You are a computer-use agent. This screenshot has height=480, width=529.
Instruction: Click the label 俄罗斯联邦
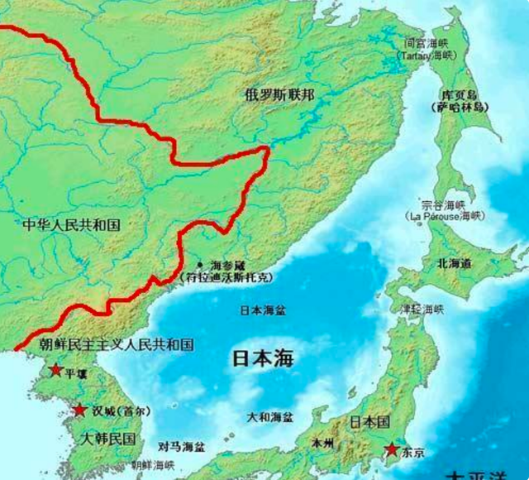[x=279, y=94]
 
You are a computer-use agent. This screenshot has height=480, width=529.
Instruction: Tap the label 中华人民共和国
[x=72, y=224]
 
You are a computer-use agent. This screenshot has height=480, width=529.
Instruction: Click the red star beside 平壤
[x=55, y=370]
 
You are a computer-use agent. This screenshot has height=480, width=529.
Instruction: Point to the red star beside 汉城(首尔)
[x=79, y=410]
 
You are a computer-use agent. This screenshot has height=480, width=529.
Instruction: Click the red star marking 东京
[x=390, y=450]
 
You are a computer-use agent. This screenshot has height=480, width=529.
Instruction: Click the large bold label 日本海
[x=262, y=359]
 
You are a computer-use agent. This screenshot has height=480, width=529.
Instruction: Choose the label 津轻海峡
[x=422, y=309]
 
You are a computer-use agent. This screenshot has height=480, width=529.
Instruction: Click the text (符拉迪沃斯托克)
[x=226, y=278]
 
